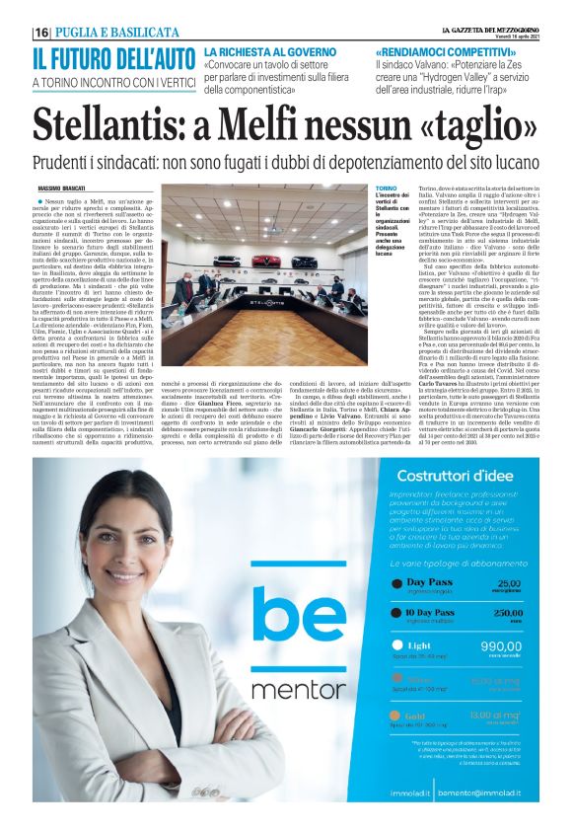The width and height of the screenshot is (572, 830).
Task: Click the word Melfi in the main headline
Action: pyautogui.click(x=298, y=122)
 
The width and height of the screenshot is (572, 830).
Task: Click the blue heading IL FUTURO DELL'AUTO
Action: pyautogui.click(x=113, y=58)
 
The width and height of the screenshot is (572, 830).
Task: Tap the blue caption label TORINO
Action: pyautogui.click(x=390, y=187)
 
